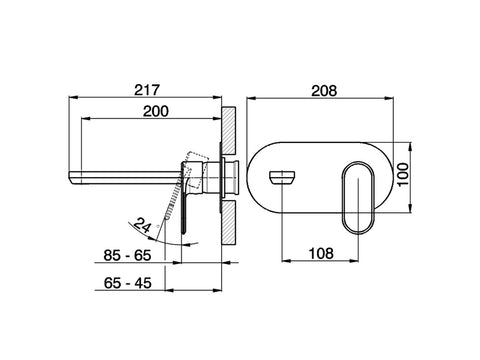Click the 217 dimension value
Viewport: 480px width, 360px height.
point(147,90)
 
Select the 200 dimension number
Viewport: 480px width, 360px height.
point(156,111)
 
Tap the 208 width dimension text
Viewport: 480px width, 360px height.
point(324,90)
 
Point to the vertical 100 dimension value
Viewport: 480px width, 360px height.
point(403,175)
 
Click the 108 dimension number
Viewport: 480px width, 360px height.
point(321,253)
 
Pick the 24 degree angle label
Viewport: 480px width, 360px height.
point(142,225)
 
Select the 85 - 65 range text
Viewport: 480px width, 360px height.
point(127,255)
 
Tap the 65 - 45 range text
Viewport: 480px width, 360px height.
point(127,283)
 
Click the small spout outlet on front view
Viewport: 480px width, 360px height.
point(282,177)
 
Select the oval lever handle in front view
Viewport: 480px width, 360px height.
point(358,198)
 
